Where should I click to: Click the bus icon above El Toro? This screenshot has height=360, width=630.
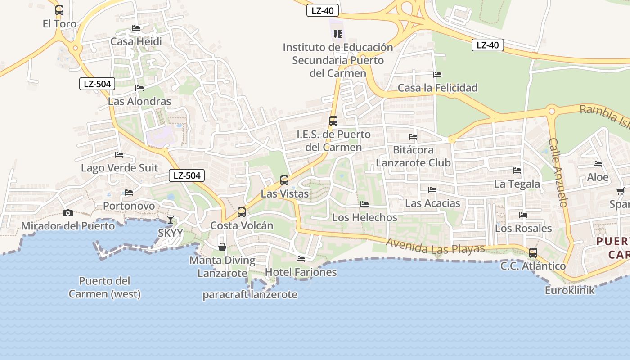click(59, 10)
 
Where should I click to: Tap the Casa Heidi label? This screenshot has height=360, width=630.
click(136, 41)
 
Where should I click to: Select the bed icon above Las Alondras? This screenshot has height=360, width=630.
click(139, 88)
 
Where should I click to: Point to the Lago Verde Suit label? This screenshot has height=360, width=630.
click(119, 168)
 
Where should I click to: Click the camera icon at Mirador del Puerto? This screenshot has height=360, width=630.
click(68, 213)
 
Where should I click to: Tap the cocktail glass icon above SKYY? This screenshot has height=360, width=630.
click(171, 220)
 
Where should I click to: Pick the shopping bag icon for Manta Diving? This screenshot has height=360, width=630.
click(222, 247)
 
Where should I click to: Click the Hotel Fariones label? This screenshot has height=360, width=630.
click(301, 272)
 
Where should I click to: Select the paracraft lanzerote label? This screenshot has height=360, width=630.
click(250, 295)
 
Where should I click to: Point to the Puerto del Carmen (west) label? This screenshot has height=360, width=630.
click(104, 288)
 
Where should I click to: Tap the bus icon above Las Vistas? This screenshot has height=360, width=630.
click(284, 180)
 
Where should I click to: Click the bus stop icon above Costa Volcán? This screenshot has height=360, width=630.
click(242, 212)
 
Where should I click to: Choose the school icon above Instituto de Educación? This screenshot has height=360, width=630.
click(338, 34)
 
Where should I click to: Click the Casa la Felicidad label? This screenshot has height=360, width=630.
click(437, 88)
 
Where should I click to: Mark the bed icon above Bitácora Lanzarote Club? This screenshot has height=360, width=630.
click(413, 137)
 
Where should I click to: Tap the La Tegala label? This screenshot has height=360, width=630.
click(517, 184)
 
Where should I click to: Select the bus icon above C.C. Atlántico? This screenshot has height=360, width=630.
click(533, 253)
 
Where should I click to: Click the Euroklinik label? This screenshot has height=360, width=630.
click(570, 290)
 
